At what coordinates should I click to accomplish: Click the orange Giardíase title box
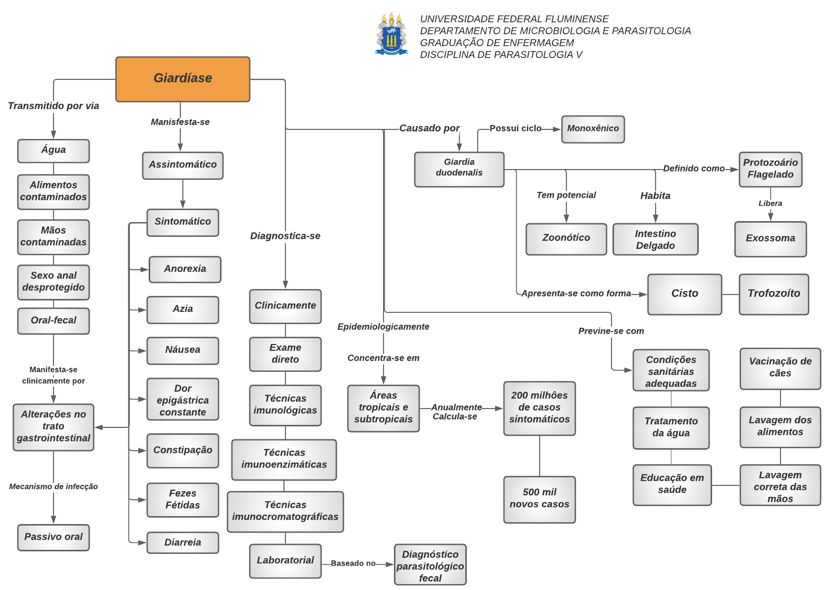pyautogui.click(x=182, y=79)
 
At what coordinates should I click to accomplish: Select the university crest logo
pyautogui.click(x=391, y=34)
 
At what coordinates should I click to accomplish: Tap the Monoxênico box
pyautogui.click(x=593, y=129)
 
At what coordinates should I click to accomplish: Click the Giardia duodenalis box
pyautogui.click(x=459, y=169)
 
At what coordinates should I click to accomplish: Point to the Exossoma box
pyautogui.click(x=770, y=238)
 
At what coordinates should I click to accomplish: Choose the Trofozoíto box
pyautogui.click(x=774, y=294)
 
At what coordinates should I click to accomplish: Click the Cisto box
pyautogui.click(x=684, y=294)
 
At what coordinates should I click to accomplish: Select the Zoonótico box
pyautogui.click(x=566, y=238)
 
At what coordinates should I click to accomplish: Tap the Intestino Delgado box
pyautogui.click(x=655, y=239)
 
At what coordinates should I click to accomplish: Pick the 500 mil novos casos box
pyautogui.click(x=539, y=499)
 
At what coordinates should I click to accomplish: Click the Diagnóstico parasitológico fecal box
pyautogui.click(x=430, y=566)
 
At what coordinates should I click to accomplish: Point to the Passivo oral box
pyautogui.click(x=54, y=537)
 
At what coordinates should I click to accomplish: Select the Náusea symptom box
pyautogui.click(x=182, y=350)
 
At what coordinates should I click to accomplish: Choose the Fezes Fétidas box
pyautogui.click(x=182, y=499)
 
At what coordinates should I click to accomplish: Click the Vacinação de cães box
pyautogui.click(x=780, y=368)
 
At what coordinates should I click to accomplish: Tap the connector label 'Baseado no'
pyautogui.click(x=353, y=563)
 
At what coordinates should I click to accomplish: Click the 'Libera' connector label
pyautogui.click(x=770, y=203)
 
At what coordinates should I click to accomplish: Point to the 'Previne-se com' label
pyautogui.click(x=611, y=331)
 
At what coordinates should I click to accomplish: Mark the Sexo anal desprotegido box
pyautogui.click(x=54, y=282)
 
